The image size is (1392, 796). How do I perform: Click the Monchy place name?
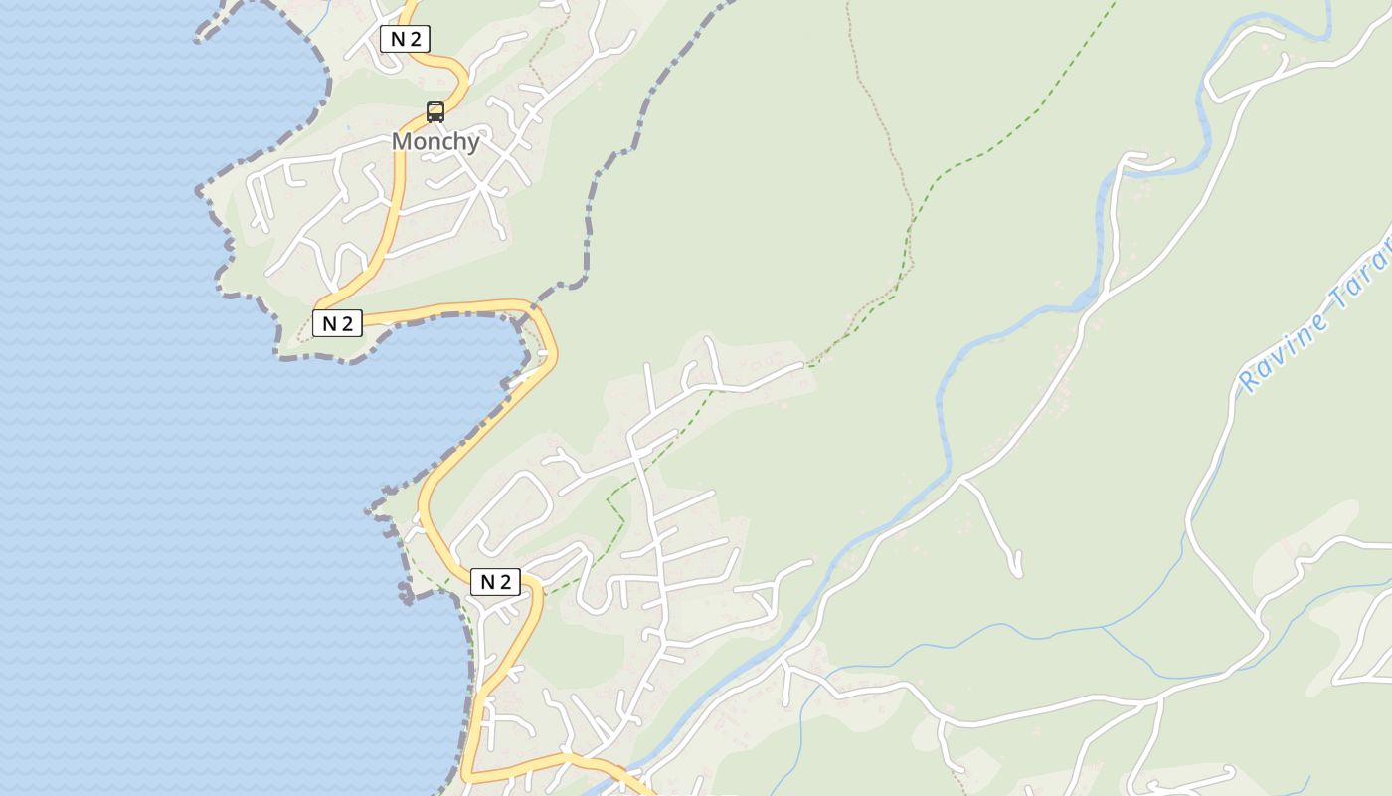[435, 141]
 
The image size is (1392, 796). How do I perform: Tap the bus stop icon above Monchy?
[435, 112]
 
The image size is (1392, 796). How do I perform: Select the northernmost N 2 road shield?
[405, 39]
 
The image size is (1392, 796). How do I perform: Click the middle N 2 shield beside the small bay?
[337, 323]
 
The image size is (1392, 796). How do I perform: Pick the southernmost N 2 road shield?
[495, 582]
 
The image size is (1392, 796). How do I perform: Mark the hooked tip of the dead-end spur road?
[1017, 571]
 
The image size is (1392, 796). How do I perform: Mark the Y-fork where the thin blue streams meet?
[1103, 629]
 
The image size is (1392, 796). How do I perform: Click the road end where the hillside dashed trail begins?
[803, 365]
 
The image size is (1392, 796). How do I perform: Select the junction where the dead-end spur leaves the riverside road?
[962, 481]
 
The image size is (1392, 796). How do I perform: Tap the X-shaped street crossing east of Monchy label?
[482, 185]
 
